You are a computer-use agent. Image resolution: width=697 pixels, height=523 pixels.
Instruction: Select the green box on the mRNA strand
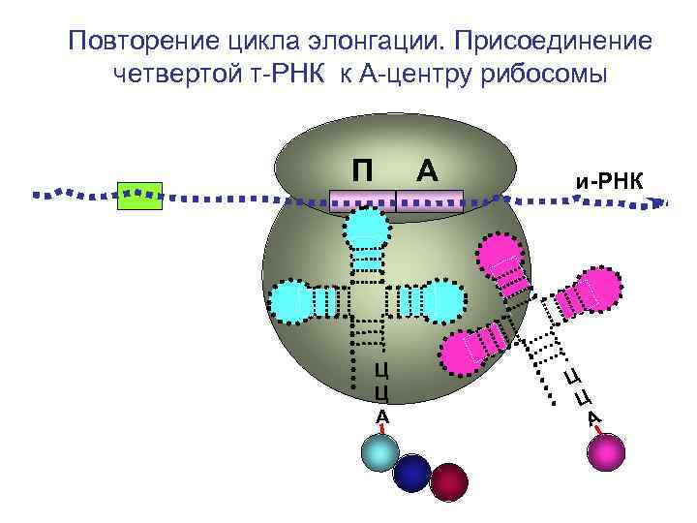tap(138, 196)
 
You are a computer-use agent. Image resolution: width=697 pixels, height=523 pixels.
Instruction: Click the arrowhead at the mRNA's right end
tap(662, 203)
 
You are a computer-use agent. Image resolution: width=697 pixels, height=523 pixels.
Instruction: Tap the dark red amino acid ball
tap(447, 481)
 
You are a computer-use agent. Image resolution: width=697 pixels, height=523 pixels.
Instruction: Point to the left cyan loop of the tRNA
tap(292, 301)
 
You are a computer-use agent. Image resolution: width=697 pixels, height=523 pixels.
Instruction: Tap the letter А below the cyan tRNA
tap(381, 415)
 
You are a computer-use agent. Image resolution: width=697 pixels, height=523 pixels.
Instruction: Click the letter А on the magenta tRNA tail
tap(593, 417)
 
